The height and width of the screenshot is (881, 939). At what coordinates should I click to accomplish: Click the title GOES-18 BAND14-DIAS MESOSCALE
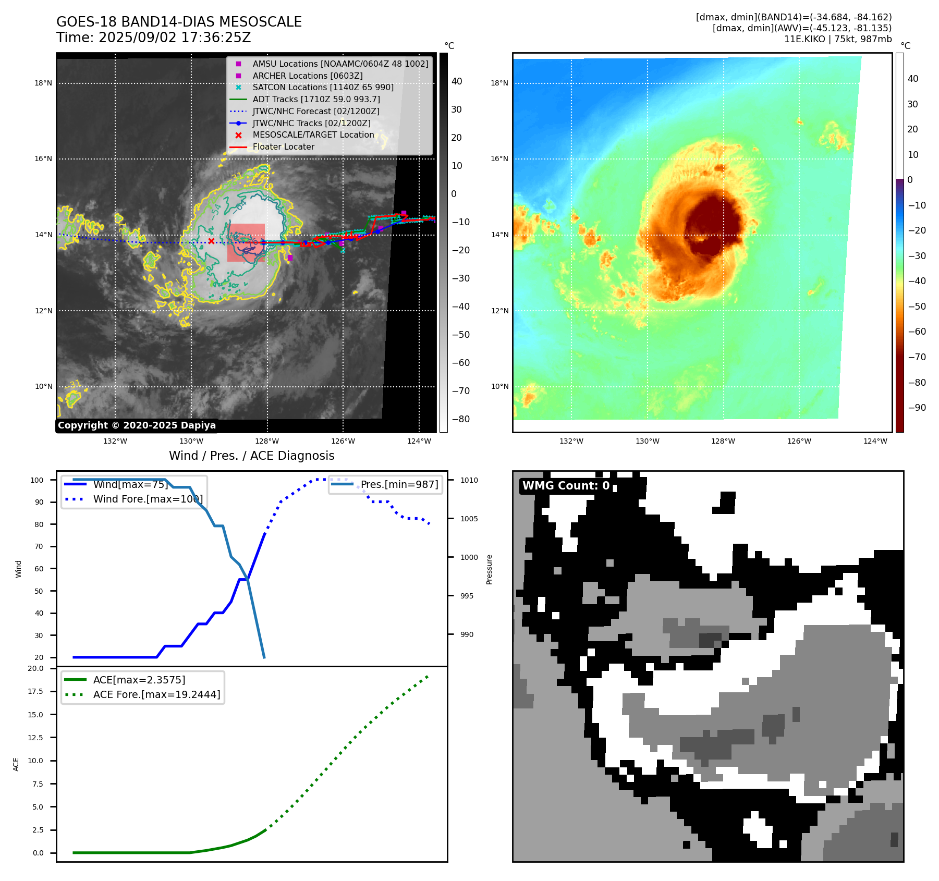click(x=179, y=22)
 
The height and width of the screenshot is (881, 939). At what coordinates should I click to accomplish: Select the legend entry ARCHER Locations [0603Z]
click(x=307, y=76)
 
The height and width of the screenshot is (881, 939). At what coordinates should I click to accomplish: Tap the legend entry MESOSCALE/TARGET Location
click(x=313, y=135)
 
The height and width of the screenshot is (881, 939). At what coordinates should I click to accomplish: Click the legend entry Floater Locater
click(x=283, y=147)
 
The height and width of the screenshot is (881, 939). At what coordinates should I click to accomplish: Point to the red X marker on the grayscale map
click(x=211, y=241)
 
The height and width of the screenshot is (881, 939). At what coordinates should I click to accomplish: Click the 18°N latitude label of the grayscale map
click(x=43, y=83)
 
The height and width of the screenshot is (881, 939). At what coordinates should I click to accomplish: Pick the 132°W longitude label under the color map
click(x=571, y=441)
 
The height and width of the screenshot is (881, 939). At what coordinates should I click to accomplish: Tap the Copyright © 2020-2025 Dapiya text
click(x=137, y=425)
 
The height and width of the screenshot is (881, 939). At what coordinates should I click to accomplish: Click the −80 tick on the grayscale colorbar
click(x=460, y=419)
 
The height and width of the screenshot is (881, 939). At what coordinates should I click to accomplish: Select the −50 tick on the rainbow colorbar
click(x=917, y=307)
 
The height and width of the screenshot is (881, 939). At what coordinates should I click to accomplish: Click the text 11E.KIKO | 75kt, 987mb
click(x=837, y=39)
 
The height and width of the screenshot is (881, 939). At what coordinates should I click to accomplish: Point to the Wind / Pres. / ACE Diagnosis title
click(x=251, y=456)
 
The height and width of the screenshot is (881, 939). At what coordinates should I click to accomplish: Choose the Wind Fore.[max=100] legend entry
click(x=148, y=499)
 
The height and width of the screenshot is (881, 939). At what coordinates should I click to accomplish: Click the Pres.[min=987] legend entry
click(x=399, y=484)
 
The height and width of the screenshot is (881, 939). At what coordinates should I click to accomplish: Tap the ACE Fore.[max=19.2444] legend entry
click(x=156, y=694)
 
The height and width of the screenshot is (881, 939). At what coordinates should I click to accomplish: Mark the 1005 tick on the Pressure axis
click(x=469, y=519)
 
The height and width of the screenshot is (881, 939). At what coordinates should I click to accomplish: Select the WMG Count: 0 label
click(x=566, y=486)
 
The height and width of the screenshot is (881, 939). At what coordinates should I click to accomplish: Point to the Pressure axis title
click(x=489, y=569)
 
